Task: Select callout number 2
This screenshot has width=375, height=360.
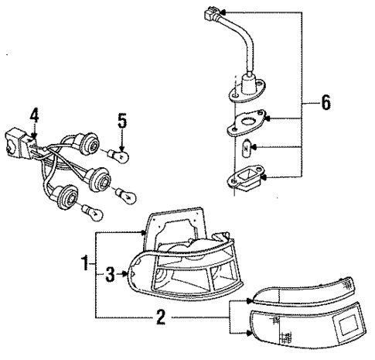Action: tap(160, 317)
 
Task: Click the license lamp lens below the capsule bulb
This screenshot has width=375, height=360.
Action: tap(246, 183)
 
